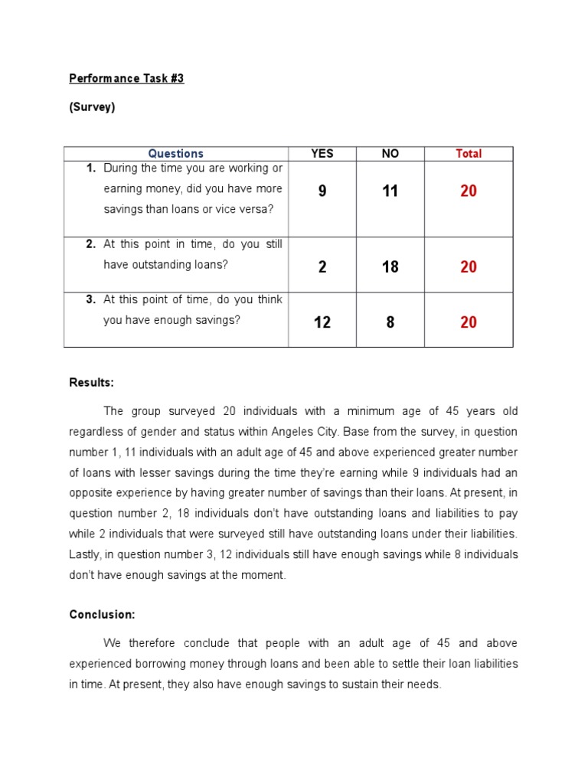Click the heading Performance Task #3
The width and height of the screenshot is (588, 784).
[x=126, y=79]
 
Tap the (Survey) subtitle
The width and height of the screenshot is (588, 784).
[x=92, y=107]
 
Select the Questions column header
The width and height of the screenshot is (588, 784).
[x=176, y=154]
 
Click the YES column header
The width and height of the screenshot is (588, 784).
[x=322, y=154]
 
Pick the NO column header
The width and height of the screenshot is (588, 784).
[x=390, y=154]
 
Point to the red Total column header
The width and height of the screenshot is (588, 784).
[x=469, y=154]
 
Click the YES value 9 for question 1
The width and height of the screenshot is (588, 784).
[x=322, y=191]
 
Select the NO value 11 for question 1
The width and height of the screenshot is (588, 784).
[x=390, y=191]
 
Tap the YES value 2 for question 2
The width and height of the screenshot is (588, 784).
[x=322, y=267]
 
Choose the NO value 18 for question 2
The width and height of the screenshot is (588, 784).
[x=390, y=267]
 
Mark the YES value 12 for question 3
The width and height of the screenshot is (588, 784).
[x=322, y=322]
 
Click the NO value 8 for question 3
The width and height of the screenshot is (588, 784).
[x=390, y=322]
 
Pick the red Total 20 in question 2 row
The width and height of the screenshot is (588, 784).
[x=469, y=267]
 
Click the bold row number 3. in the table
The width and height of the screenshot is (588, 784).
[x=90, y=300]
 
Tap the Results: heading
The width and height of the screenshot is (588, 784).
[x=91, y=382]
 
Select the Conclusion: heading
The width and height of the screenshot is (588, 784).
[x=102, y=614]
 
